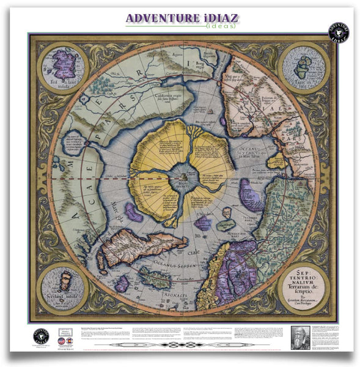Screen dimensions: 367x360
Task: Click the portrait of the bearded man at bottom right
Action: click(x=303, y=338)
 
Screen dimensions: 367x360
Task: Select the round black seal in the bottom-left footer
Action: click(x=40, y=336)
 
